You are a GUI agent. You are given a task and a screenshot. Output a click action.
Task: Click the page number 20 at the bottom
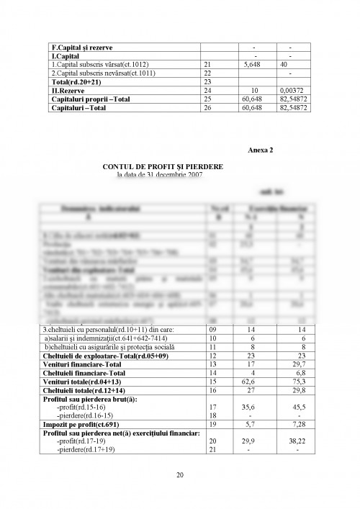[179, 474]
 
